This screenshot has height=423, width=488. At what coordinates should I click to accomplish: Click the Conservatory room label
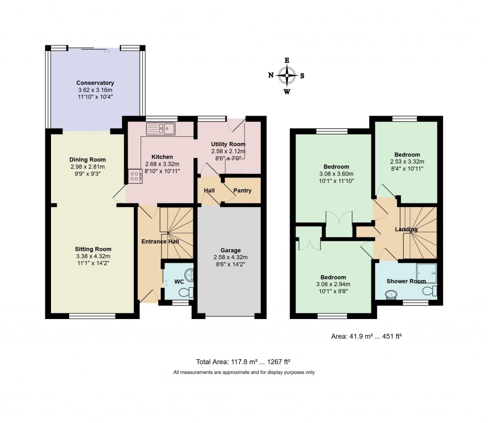95,83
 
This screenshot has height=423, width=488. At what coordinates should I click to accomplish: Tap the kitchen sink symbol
161,128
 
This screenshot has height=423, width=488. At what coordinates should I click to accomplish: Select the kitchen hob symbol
134,177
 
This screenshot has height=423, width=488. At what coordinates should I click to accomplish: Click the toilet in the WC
190,292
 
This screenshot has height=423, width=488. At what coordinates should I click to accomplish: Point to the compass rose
286,75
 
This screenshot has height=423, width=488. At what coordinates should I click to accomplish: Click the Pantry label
242,191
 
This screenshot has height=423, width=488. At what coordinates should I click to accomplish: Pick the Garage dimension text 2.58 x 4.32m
230,258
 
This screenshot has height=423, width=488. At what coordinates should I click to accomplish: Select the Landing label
406,229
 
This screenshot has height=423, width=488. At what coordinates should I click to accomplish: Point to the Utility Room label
228,144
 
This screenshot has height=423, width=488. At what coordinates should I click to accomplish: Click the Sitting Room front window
92,316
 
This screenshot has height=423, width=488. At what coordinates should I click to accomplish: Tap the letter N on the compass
271,75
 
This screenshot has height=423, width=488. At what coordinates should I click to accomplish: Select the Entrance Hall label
160,242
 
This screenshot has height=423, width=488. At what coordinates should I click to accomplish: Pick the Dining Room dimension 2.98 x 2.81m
87,167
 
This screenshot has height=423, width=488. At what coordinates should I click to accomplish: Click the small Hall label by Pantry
209,191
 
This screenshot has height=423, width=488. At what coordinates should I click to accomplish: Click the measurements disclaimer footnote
244,372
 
